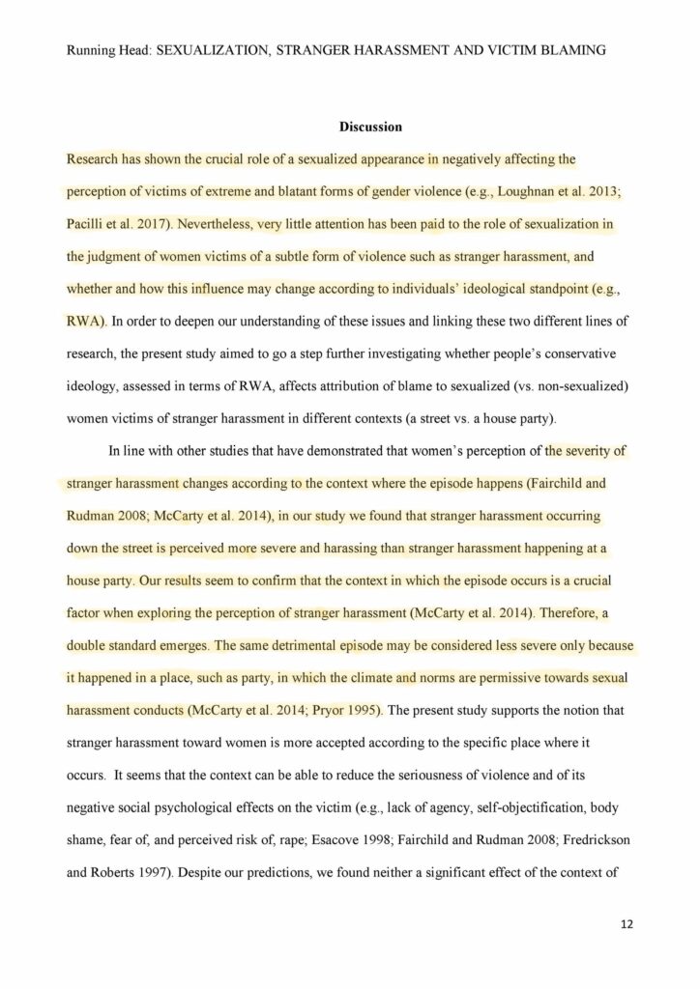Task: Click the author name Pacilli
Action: point(87,225)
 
